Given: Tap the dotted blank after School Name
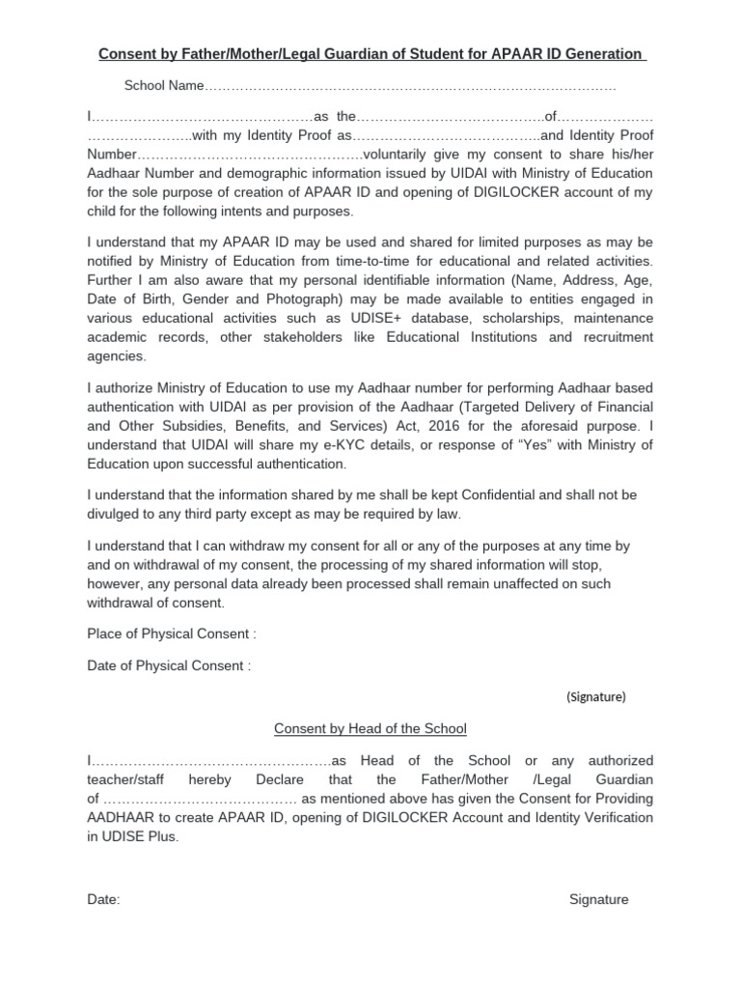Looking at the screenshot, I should pos(411,87).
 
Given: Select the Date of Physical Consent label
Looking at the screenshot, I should pos(169,665).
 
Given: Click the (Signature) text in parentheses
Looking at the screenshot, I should pos(595,696).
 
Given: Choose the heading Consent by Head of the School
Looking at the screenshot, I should pos(370,728).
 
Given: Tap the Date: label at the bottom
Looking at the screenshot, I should pos(103,899).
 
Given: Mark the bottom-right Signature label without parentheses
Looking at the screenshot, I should pos(598,899).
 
